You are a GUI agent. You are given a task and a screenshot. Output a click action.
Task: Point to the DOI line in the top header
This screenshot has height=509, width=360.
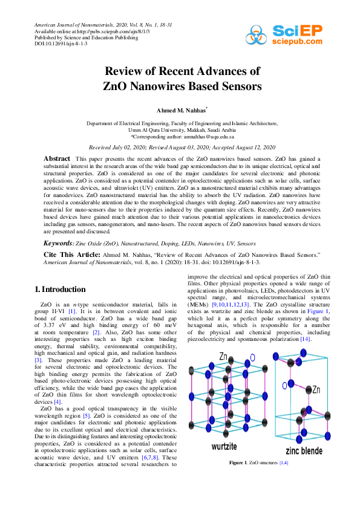(x=61, y=44)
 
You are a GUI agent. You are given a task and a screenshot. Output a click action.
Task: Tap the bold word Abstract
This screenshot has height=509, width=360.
(x=57, y=158)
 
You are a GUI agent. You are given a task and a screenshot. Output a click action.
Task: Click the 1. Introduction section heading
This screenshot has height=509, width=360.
(x=61, y=290)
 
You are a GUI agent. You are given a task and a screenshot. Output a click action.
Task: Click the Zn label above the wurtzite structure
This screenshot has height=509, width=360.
(x=224, y=357)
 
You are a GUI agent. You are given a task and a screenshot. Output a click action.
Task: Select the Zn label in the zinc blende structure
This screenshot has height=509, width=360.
(x=316, y=390)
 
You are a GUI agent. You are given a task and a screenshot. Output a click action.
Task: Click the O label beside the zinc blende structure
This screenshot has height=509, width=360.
(x=284, y=385)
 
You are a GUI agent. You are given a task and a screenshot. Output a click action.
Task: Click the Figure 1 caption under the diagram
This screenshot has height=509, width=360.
(x=258, y=462)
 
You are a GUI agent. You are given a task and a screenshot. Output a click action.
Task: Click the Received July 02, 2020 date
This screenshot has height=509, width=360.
(x=124, y=148)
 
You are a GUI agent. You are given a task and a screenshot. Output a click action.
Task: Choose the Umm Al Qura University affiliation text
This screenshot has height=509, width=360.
(x=182, y=129)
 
